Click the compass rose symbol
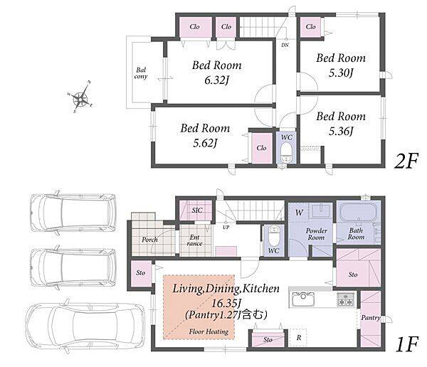[x=81, y=97]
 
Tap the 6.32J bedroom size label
[x=217, y=80]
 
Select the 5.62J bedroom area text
[x=205, y=143]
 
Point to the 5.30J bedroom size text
[x=341, y=73]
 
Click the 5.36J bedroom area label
[x=341, y=132]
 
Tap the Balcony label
[x=141, y=73]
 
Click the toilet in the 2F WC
[x=286, y=153]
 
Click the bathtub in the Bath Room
[x=357, y=213]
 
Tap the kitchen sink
[x=303, y=299]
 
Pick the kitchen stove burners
[x=346, y=299]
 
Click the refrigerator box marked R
[x=298, y=338]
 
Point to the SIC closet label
[x=197, y=211]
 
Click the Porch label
[x=149, y=240]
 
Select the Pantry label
[x=371, y=318]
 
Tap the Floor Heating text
[x=209, y=331]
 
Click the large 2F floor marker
[x=406, y=161]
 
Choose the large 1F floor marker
[x=407, y=345]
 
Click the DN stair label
[x=285, y=46]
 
